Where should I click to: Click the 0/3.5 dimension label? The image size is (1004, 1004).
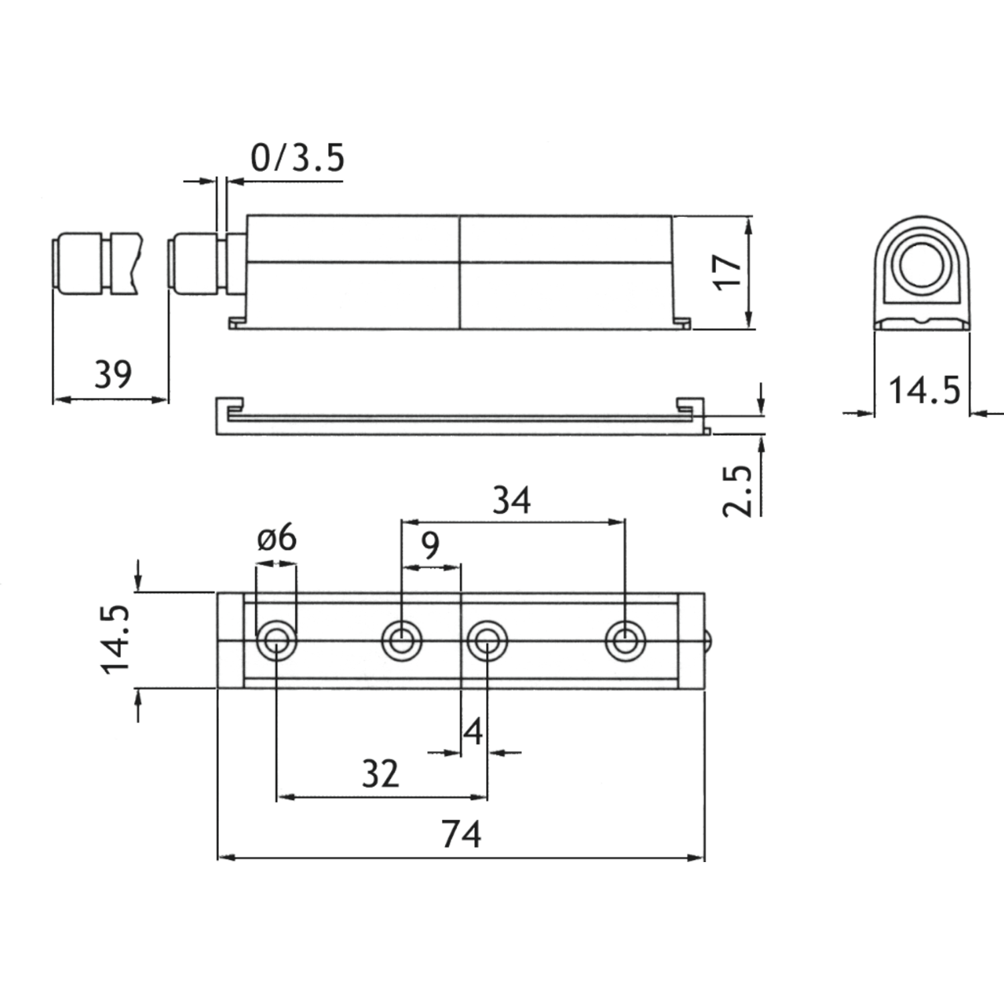click(297, 158)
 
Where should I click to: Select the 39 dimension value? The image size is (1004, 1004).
click(113, 374)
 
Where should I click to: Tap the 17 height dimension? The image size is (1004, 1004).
click(729, 271)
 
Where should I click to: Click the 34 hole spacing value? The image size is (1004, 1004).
click(512, 500)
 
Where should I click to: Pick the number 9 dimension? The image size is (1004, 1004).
click(431, 546)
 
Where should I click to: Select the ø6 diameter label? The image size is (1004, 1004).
click(276, 537)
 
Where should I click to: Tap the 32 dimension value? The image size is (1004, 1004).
click(380, 773)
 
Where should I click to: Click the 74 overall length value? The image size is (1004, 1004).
click(461, 835)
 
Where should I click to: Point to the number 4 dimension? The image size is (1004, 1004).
click(473, 732)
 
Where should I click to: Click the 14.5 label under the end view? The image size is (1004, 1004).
click(924, 390)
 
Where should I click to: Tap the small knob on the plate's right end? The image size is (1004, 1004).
click(709, 641)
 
